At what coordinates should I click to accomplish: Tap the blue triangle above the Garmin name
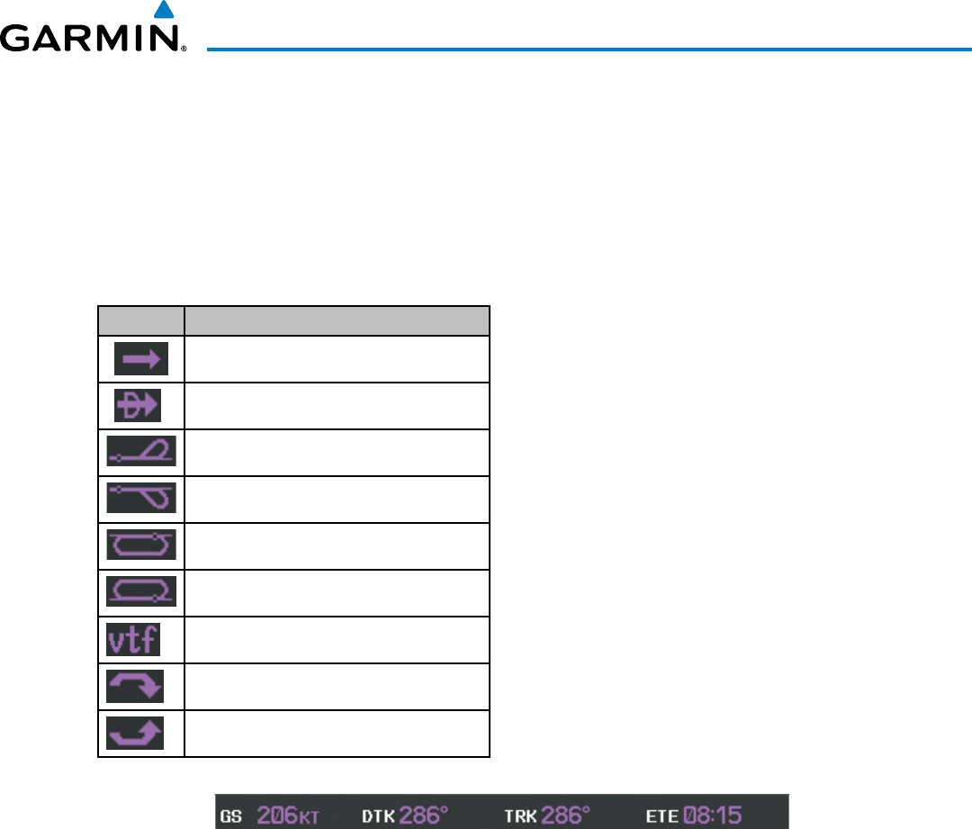coord(163,11)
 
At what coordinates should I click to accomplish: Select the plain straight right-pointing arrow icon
coord(141,360)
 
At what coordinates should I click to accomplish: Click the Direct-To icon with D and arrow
coord(138,406)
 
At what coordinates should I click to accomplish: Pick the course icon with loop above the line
coord(141,452)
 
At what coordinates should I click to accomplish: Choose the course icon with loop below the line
coord(141,499)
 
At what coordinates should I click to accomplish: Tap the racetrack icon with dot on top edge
coord(141,545)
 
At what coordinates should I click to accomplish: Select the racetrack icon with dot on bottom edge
coord(141,592)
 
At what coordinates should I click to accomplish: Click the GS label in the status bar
coord(232,816)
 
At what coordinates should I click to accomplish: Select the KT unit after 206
coord(309,818)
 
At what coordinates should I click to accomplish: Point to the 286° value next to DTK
coord(424,816)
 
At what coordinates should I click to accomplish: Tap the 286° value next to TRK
coord(566,816)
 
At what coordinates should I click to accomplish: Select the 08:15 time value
coord(712,816)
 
